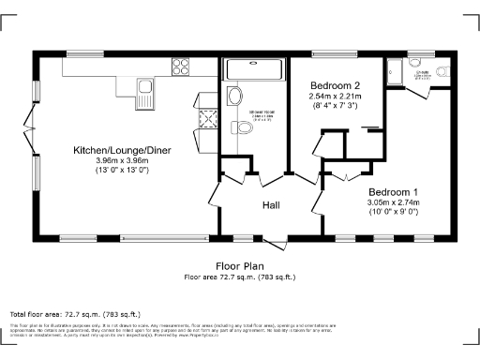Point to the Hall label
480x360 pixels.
coord(271,205)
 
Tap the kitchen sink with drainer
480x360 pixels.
coord(144,92)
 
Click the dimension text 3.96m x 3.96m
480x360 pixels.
coord(121,161)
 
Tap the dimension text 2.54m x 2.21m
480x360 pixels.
coord(335,96)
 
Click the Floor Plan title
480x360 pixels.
coord(239,266)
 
